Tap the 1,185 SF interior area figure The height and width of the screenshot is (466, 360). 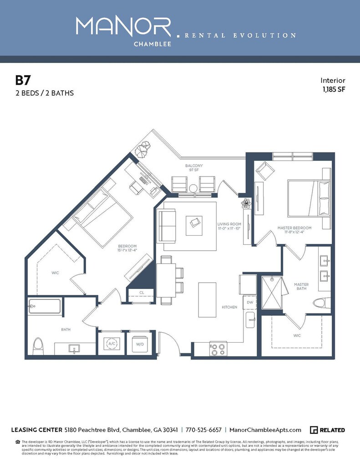[334, 90]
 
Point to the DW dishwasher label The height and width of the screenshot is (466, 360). [250, 302]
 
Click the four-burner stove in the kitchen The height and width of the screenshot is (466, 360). [218, 349]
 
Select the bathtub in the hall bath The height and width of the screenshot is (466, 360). [45, 306]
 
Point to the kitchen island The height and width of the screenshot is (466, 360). [207, 300]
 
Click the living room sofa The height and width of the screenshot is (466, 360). [167, 226]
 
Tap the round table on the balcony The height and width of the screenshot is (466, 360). [193, 188]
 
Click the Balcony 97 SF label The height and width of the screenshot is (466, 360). [193, 167]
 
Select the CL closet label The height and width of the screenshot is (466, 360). [142, 293]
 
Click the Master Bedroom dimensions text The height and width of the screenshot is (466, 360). [294, 232]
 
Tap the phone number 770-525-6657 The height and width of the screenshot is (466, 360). [203, 430]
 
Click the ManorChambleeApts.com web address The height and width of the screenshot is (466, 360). [265, 430]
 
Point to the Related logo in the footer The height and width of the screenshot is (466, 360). [327, 430]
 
